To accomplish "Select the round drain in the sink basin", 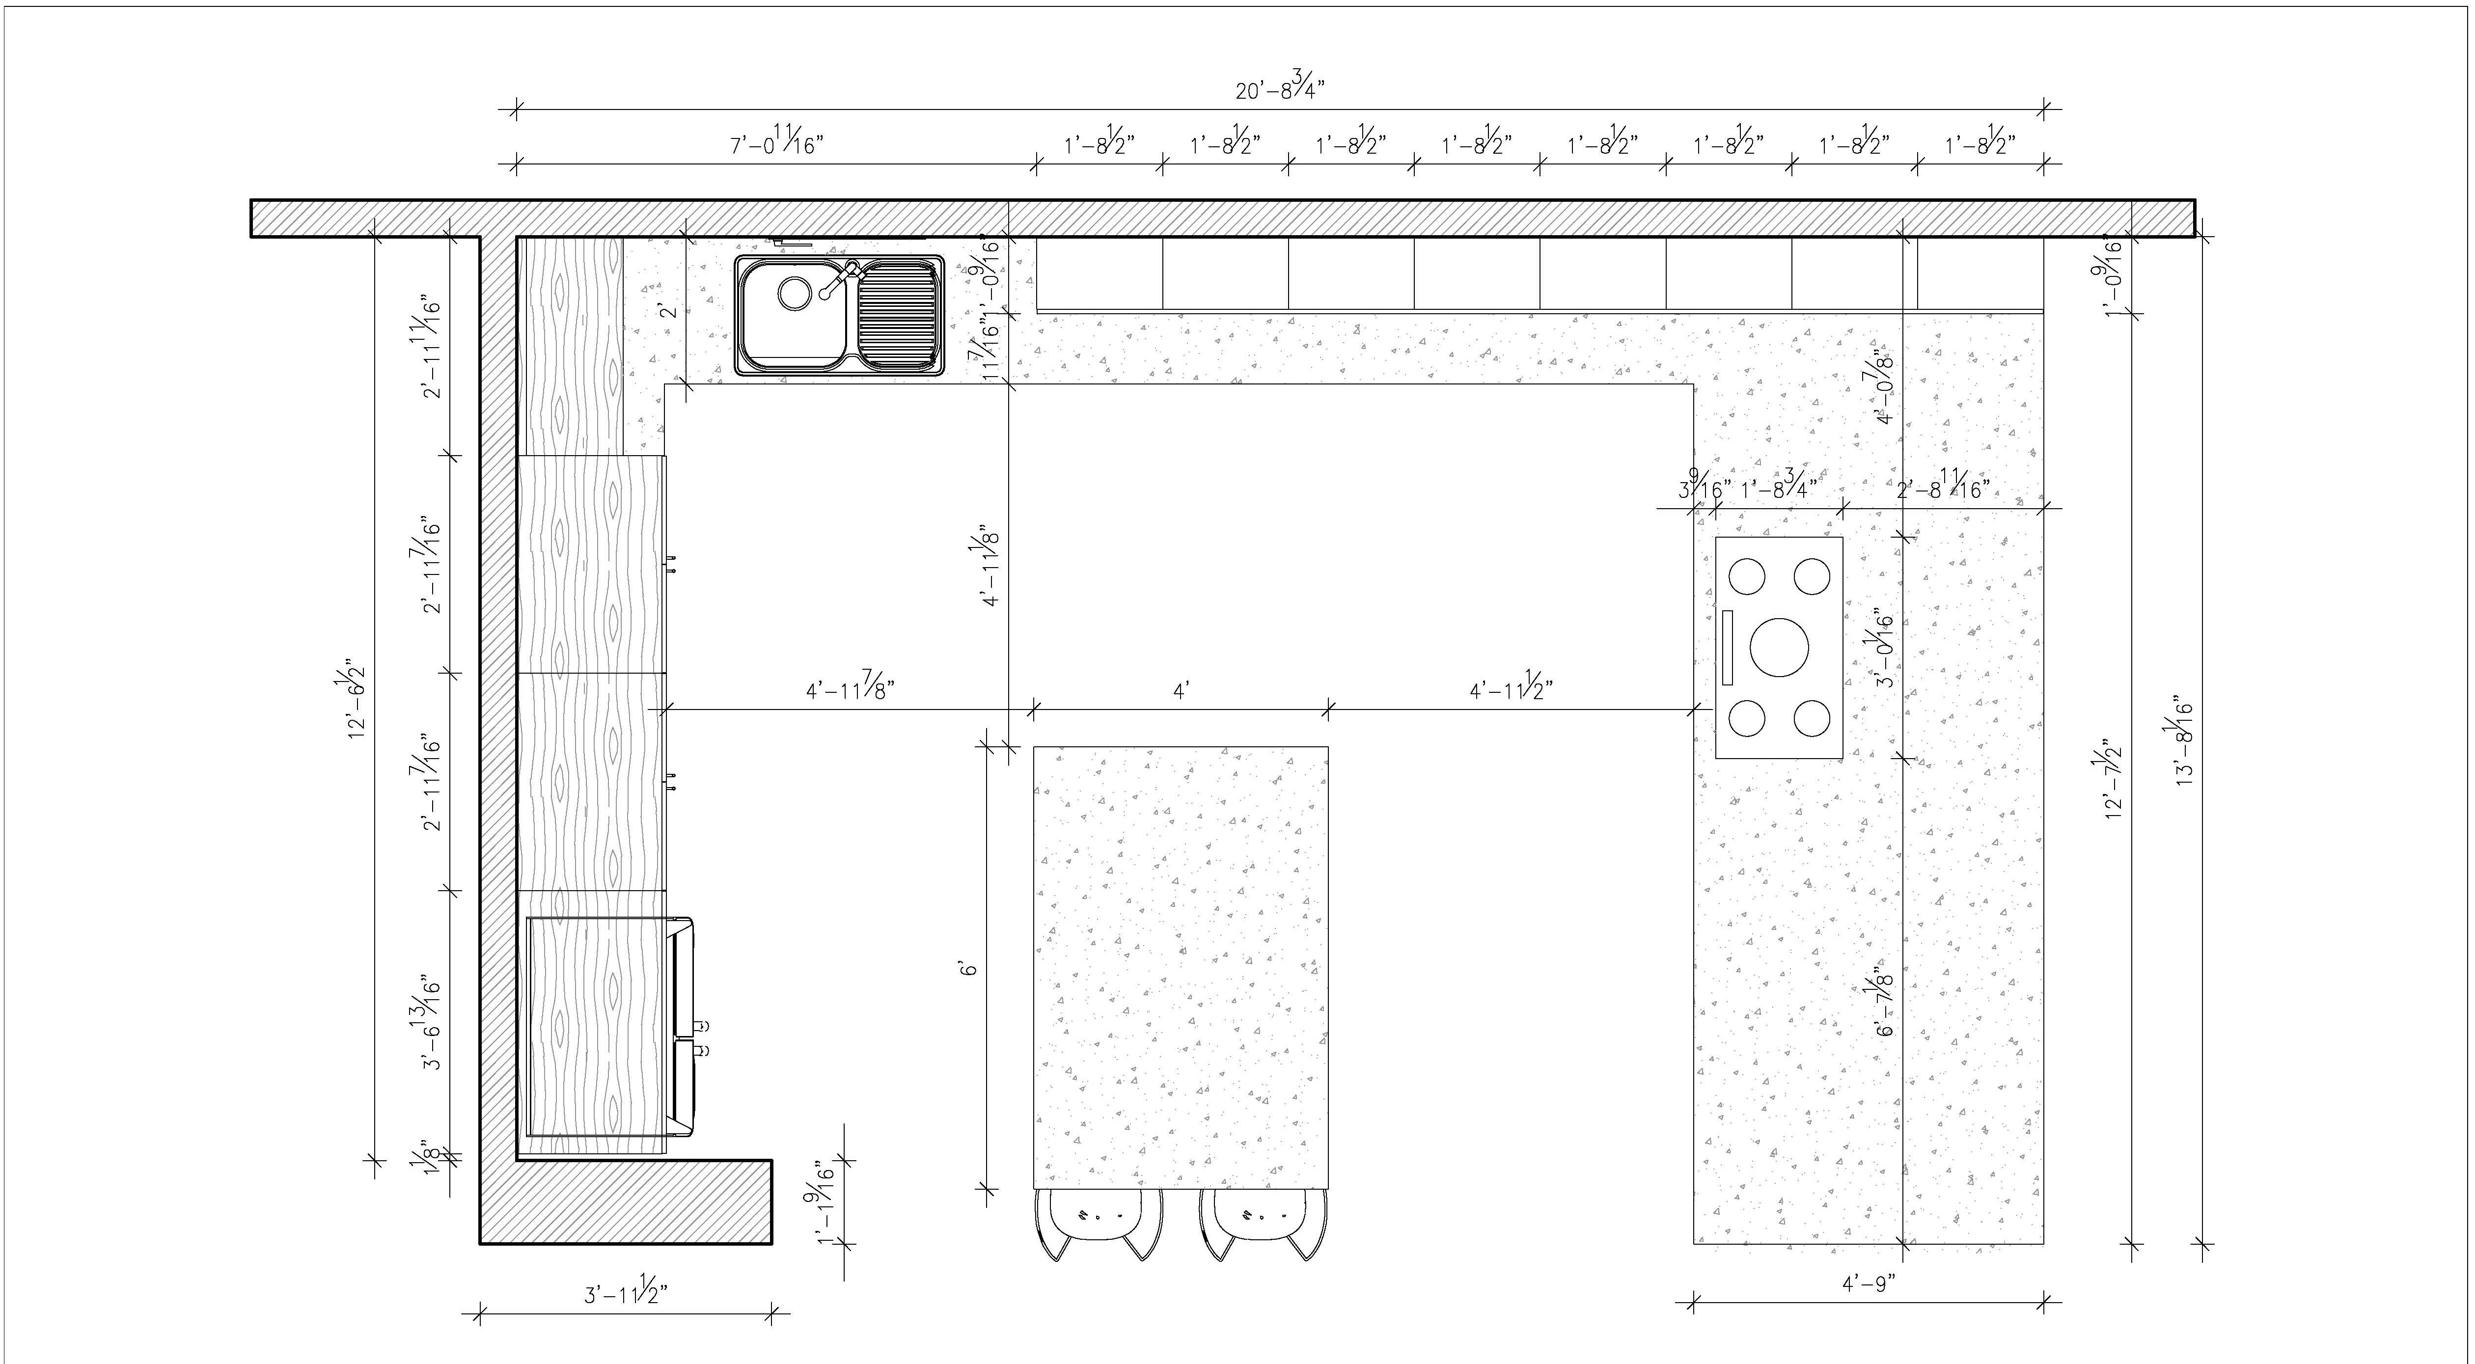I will [x=794, y=293].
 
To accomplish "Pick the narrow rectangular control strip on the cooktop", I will [x=1727, y=648].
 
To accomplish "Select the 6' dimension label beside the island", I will [x=970, y=968].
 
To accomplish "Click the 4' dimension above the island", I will [x=1181, y=691].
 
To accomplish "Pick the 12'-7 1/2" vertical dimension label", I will [x=2113, y=778].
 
